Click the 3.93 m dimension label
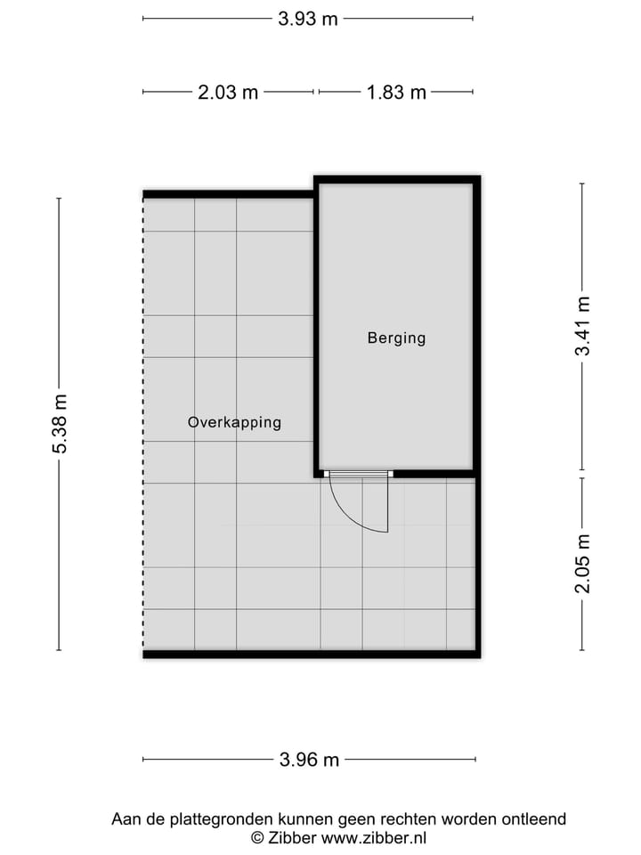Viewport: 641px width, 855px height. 308,19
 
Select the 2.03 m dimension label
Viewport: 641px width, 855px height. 228,92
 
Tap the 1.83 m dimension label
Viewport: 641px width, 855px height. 396,92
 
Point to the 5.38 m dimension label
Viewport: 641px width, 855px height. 60,424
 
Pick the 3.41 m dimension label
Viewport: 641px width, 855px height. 582,326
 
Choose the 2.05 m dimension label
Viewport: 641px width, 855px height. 582,564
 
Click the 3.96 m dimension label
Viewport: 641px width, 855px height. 309,760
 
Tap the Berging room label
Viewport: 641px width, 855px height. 396,338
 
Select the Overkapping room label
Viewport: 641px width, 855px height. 234,422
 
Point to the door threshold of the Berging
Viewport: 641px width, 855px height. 357,474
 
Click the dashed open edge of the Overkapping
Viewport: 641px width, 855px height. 143,424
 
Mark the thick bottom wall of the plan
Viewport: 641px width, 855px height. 312,655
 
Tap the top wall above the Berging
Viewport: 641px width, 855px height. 396,180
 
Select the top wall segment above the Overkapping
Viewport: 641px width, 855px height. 228,194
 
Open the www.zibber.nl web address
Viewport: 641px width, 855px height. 374,837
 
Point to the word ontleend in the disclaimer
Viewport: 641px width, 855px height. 532,818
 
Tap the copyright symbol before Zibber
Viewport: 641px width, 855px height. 257,837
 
